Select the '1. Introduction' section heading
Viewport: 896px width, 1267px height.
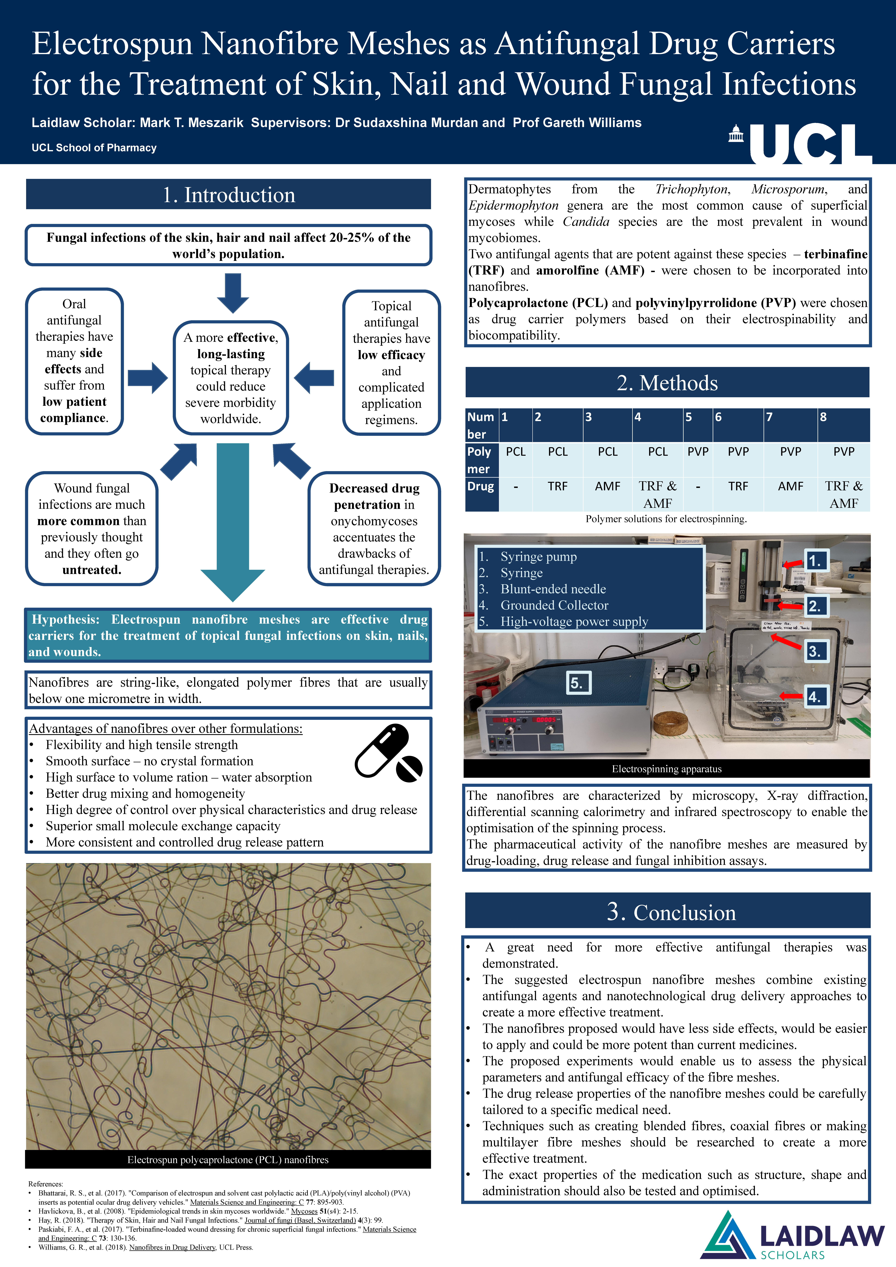pyautogui.click(x=228, y=195)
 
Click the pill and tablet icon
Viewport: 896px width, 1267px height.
pyautogui.click(x=388, y=753)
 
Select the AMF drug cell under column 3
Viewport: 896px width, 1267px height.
pyautogui.click(x=607, y=486)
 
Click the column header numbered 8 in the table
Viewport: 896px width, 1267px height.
pyautogui.click(x=823, y=417)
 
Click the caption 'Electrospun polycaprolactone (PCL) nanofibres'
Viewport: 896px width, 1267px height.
pyautogui.click(x=228, y=1159)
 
